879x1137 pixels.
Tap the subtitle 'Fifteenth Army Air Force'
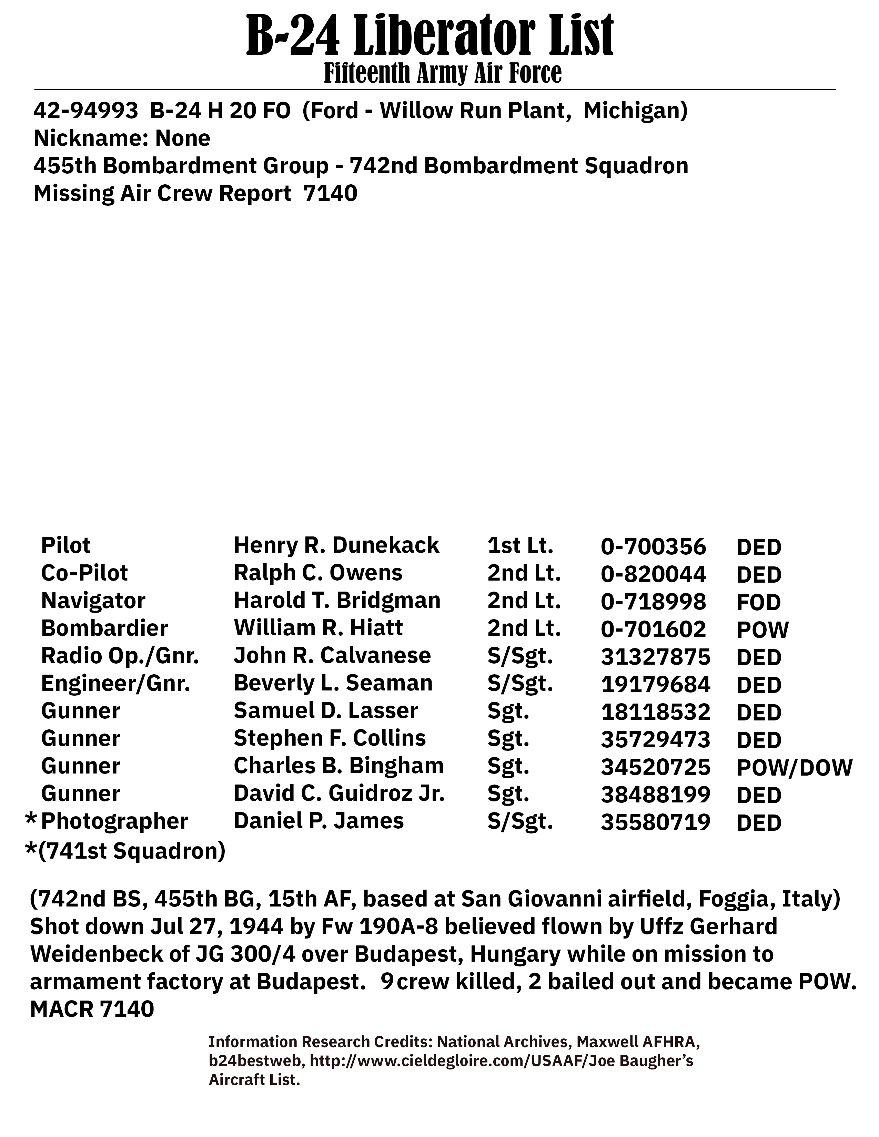(443, 73)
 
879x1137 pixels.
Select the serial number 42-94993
(86, 111)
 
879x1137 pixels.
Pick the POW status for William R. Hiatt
(762, 630)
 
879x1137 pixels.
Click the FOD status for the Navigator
(758, 602)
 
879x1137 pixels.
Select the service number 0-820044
(653, 574)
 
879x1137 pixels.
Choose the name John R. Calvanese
(332, 655)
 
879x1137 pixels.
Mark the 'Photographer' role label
(114, 821)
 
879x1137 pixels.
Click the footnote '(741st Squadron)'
(132, 851)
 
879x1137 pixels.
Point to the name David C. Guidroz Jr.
(339, 794)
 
